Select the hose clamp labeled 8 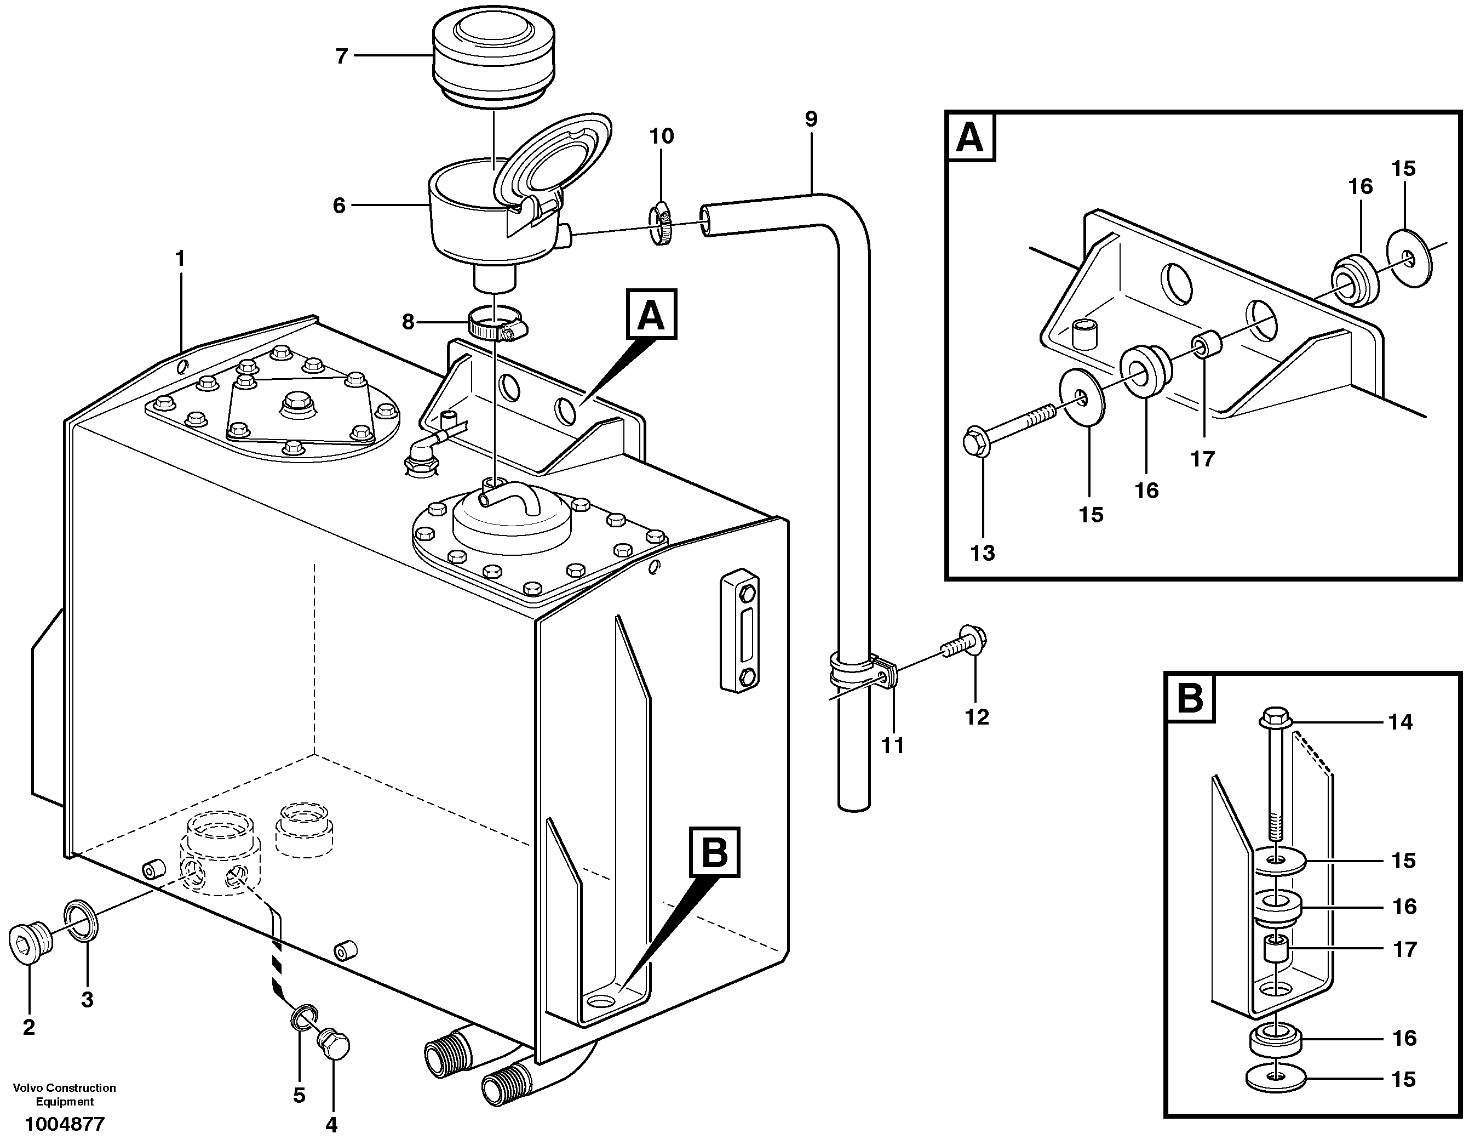tap(496, 324)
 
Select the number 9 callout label tap(811, 119)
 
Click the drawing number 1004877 tap(65, 1124)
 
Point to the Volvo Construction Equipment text tap(65, 1095)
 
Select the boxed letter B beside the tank tap(714, 853)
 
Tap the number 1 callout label tap(180, 259)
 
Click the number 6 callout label tap(339, 206)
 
